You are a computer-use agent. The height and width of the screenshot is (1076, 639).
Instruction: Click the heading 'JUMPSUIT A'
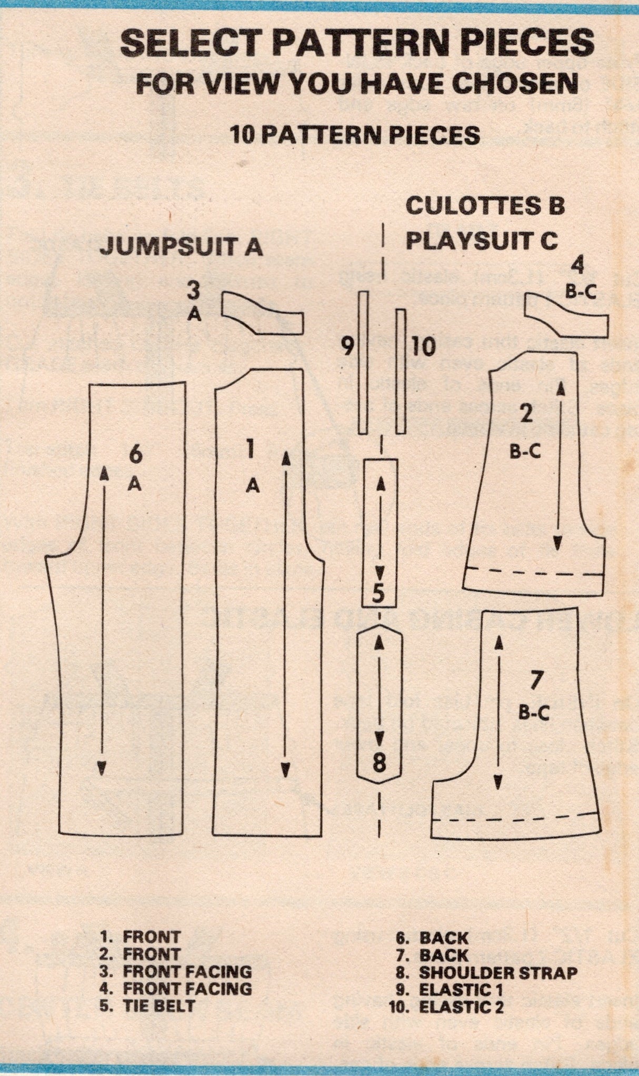181,246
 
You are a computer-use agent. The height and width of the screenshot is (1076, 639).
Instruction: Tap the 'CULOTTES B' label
485,206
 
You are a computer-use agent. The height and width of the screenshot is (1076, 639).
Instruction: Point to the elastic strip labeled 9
363,362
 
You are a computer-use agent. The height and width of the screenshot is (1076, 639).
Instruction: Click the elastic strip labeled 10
401,371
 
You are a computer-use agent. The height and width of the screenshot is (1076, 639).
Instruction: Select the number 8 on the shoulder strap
380,762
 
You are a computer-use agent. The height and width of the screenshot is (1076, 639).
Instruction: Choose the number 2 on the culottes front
526,414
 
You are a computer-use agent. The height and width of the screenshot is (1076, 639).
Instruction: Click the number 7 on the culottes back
535,681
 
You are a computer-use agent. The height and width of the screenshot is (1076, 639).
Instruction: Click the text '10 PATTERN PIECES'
355,135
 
